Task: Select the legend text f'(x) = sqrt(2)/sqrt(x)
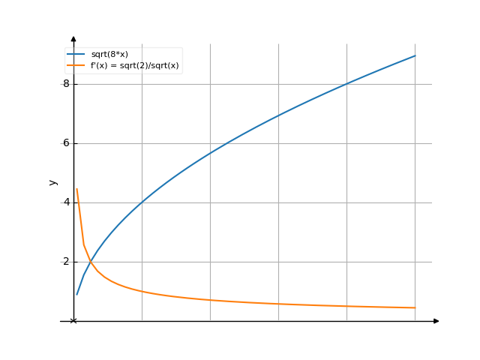pos(136,66)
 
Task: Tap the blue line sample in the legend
pos(76,55)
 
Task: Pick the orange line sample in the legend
pos(76,66)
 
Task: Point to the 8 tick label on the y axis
pos(66,84)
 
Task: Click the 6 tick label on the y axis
pos(66,143)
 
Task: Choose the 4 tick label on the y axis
pos(66,202)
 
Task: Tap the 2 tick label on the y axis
pos(66,262)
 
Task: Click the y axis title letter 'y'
pos(52,182)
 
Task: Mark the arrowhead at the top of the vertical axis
pos(73,38)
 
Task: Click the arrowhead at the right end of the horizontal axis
pos(436,321)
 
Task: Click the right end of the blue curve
pos(415,55)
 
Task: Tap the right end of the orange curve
pos(415,307)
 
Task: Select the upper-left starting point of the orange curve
pos(76,188)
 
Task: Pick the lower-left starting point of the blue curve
pos(76,294)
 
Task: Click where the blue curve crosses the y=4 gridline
pos(142,202)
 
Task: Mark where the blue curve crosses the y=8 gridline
pos(346,84)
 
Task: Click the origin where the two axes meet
pos(73,321)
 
